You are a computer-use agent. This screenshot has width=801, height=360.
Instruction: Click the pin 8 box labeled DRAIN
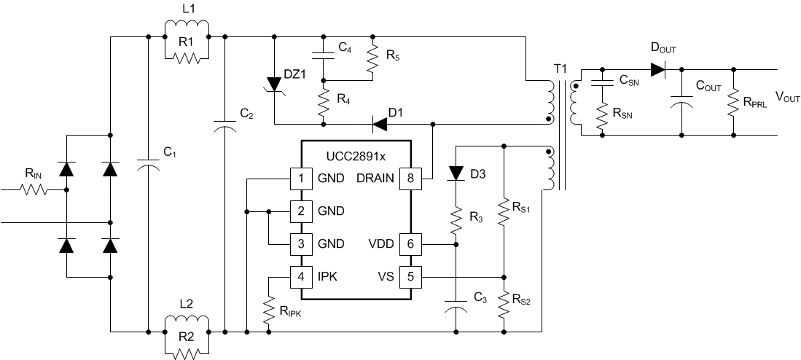pos(410,177)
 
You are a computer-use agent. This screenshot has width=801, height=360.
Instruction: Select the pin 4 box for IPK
pos(300,277)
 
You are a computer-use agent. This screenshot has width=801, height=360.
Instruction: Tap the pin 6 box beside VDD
pos(410,243)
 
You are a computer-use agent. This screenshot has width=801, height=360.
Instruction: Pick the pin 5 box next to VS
pos(410,277)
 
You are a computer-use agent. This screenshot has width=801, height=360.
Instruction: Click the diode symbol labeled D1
pos(380,125)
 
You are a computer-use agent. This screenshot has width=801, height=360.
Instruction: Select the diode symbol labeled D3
pos(456,173)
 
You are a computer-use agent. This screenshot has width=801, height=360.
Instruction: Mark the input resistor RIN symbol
pos(34,189)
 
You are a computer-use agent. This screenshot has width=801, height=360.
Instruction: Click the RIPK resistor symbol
pos(269,310)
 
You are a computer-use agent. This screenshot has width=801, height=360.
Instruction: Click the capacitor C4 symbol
pos(323,54)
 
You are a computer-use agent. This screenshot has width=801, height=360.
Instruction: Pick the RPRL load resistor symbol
pos(733,103)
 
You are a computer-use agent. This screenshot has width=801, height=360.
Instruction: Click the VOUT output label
pos(785,96)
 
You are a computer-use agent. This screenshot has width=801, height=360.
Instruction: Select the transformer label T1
pos(560,68)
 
